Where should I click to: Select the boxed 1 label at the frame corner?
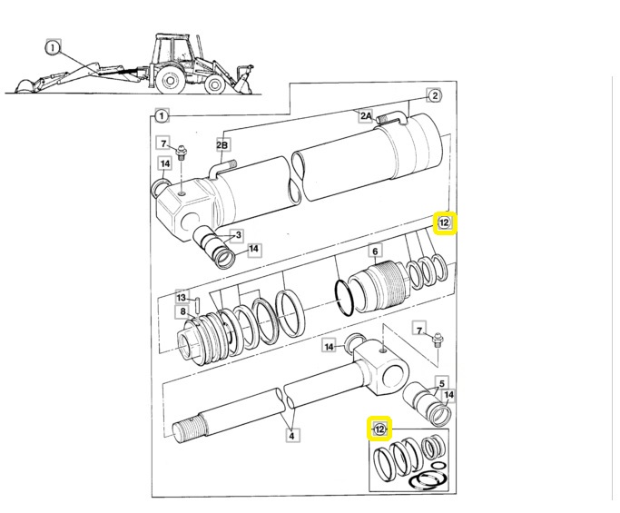coord(161,115)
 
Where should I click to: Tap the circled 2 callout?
coord(434,95)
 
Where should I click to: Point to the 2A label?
coord(365,115)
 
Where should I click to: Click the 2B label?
coord(222,144)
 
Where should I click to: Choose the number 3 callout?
coord(238,236)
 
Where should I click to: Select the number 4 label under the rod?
coord(291,436)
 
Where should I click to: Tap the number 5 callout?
coord(441,382)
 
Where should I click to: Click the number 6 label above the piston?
coord(374,252)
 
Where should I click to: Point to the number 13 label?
coord(182,297)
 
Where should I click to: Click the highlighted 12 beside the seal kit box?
coord(379,429)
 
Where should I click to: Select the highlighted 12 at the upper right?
coord(445,223)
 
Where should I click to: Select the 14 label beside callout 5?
coord(448,396)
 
